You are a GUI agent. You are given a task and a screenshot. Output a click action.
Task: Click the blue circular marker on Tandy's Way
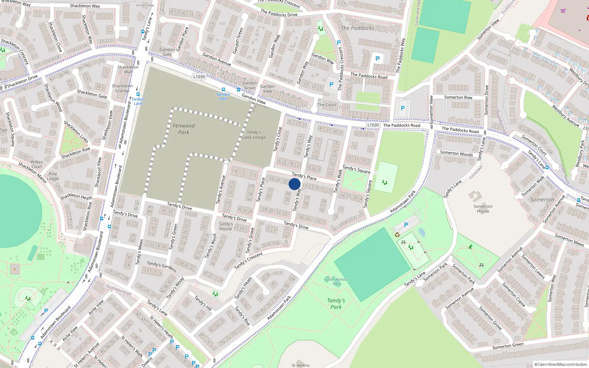tap(294, 184)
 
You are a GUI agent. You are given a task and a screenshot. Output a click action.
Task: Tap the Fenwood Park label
tap(184, 129)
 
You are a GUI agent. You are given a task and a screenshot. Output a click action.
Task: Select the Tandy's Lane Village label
tap(254, 135)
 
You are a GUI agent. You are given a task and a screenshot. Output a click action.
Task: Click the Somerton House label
tap(483, 209)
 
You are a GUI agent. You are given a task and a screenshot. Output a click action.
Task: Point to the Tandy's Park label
tap(336, 304)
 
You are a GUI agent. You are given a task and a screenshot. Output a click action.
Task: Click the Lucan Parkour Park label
tap(336, 282)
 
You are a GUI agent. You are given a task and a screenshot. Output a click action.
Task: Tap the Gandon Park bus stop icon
tap(223, 89)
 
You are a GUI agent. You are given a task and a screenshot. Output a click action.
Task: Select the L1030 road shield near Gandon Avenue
tap(199, 77)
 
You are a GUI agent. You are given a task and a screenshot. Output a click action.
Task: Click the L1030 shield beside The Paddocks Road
tap(373, 125)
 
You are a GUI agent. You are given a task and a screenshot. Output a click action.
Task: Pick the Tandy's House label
tap(226, 226)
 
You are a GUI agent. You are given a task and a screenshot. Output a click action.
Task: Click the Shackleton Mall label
tap(128, 70)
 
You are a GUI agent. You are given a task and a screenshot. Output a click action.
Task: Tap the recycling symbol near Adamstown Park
tap(397, 234)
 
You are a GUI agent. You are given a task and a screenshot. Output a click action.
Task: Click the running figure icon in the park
tap(470, 247)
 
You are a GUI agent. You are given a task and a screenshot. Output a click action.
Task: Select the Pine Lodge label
tap(53, 176)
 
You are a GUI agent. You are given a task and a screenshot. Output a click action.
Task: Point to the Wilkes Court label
tap(36, 164)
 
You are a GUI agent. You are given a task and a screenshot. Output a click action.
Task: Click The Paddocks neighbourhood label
tap(357, 28)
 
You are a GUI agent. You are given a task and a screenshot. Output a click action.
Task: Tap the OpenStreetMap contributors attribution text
tap(561, 364)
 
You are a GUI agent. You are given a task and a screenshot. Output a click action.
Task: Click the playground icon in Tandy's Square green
tap(385, 182)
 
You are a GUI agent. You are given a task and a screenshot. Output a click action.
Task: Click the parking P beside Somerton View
tap(402, 108)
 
